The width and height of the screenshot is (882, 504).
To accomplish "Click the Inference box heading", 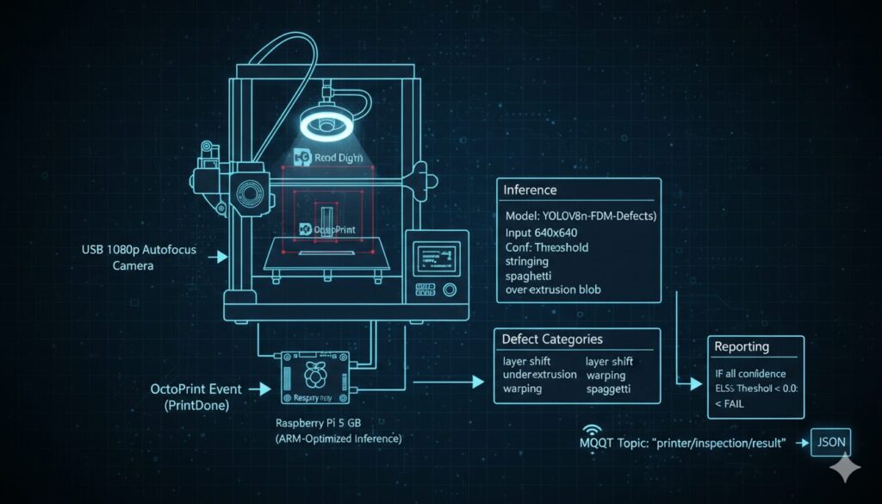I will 530,190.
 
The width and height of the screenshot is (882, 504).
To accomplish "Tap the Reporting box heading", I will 742,347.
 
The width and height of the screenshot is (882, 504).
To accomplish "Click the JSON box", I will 831,443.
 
